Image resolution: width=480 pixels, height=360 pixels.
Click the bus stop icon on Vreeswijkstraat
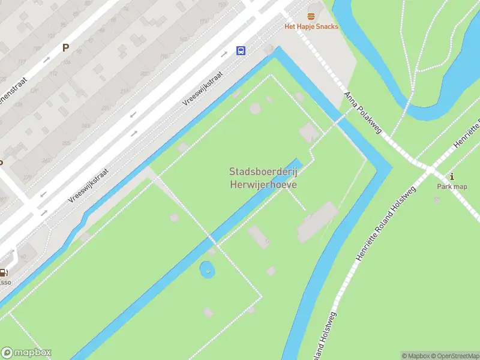point(241,50)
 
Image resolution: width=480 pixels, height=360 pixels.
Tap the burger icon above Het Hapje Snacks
point(311,16)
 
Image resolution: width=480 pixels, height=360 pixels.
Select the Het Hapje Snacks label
point(311,26)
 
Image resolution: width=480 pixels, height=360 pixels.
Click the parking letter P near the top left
point(65,48)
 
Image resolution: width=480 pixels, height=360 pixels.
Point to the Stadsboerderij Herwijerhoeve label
point(263,178)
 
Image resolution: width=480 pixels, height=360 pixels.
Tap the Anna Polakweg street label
point(363,113)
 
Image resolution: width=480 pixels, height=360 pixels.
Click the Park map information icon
point(452,176)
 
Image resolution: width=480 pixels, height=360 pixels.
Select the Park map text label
point(452,187)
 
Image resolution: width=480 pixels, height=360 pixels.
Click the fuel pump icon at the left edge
point(3,273)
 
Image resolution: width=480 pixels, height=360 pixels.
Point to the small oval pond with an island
point(208,270)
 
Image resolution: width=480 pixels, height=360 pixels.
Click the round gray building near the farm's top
point(256,108)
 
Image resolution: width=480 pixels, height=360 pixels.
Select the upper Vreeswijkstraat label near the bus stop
point(203,89)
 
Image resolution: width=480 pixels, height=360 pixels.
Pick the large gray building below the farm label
point(317,221)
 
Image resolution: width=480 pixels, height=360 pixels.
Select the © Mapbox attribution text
point(415,356)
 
